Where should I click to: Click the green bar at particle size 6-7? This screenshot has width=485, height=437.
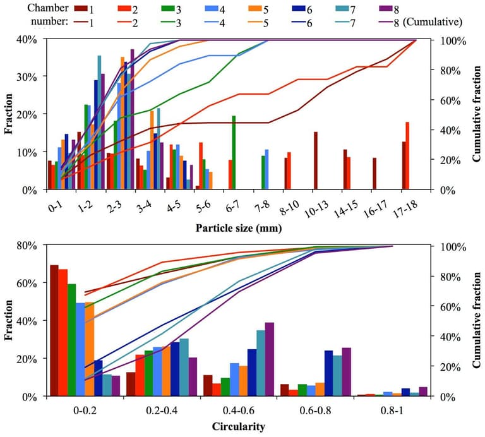pyautogui.click(x=234, y=152)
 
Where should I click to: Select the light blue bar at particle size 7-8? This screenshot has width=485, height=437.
pyautogui.click(x=267, y=169)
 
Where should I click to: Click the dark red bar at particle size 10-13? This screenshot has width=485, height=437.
pyautogui.click(x=315, y=160)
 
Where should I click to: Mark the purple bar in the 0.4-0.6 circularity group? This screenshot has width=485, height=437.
pyautogui.click(x=270, y=359)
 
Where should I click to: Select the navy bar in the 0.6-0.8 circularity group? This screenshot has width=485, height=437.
pyautogui.click(x=328, y=373)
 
